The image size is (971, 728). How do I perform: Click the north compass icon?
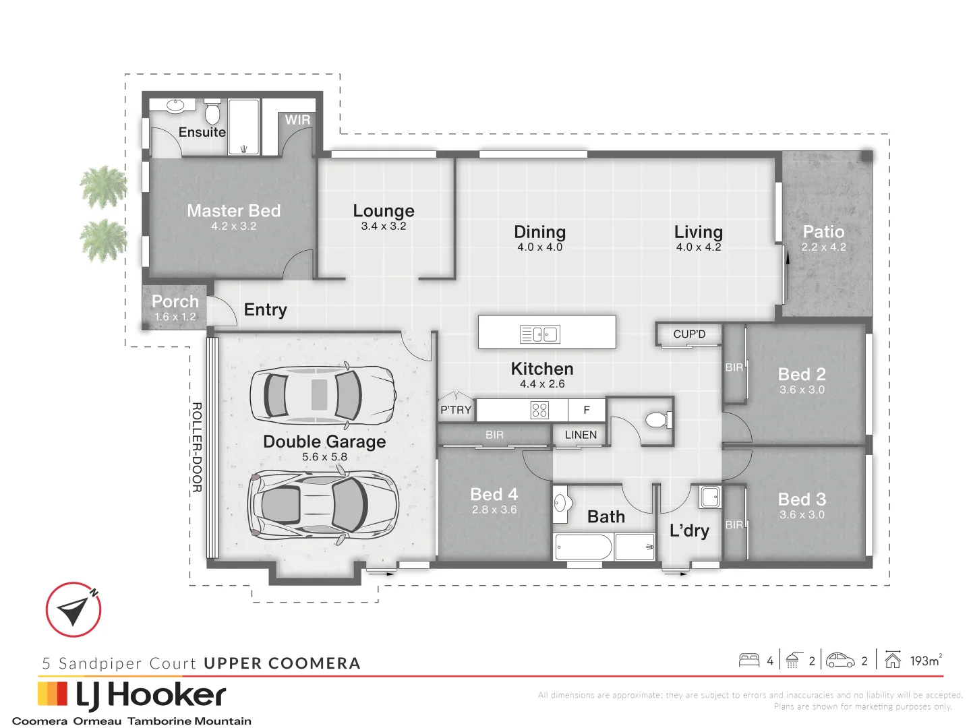tap(73, 609)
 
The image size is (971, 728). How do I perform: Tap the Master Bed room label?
tap(233, 211)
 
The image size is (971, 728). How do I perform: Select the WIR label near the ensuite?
tap(297, 120)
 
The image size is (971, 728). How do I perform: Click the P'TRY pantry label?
tap(456, 410)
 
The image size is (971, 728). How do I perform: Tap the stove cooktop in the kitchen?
tap(539, 410)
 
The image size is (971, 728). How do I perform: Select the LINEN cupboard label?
tap(581, 435)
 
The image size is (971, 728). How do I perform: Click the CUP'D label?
tap(689, 334)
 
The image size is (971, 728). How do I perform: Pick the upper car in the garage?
tap(322, 396)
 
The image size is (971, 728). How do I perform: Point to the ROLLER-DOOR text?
tap(197, 447)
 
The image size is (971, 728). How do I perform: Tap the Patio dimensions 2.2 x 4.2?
tap(823, 247)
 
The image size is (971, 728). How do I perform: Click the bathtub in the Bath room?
tap(583, 547)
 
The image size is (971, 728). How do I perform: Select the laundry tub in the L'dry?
tap(710, 497)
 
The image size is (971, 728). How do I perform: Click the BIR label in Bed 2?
tap(734, 367)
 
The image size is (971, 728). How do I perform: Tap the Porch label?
tap(175, 301)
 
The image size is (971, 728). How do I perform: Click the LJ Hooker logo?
tap(132, 696)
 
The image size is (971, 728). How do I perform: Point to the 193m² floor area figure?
tap(925, 661)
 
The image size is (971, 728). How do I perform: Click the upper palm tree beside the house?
tap(104, 186)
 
